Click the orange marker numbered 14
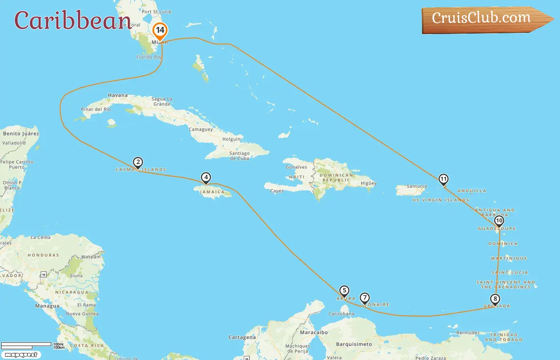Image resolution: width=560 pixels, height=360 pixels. (160, 30)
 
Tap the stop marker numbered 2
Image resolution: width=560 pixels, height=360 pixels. (138, 162)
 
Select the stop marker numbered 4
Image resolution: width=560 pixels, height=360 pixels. (206, 178)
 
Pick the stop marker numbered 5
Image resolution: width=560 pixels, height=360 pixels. (344, 291)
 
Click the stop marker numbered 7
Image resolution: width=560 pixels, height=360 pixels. (364, 298)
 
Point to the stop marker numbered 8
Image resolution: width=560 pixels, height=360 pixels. (495, 299)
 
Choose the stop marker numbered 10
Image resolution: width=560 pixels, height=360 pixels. (499, 221)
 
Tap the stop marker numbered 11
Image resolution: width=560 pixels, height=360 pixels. (443, 179)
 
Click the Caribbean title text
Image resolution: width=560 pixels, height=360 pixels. (72, 20)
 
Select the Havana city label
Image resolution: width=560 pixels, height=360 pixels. (118, 95)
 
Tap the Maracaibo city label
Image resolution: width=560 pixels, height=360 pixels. (314, 332)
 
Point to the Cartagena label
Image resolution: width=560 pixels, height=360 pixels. (242, 337)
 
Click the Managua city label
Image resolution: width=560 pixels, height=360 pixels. (47, 306)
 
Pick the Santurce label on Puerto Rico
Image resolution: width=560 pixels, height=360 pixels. (417, 186)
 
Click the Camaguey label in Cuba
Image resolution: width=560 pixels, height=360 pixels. (201, 130)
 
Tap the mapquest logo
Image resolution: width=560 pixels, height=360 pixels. (21, 355)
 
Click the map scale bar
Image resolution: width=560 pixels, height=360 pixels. (26, 344)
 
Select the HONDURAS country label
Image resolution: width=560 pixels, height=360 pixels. (43, 255)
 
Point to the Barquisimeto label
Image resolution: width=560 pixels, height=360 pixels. (354, 344)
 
